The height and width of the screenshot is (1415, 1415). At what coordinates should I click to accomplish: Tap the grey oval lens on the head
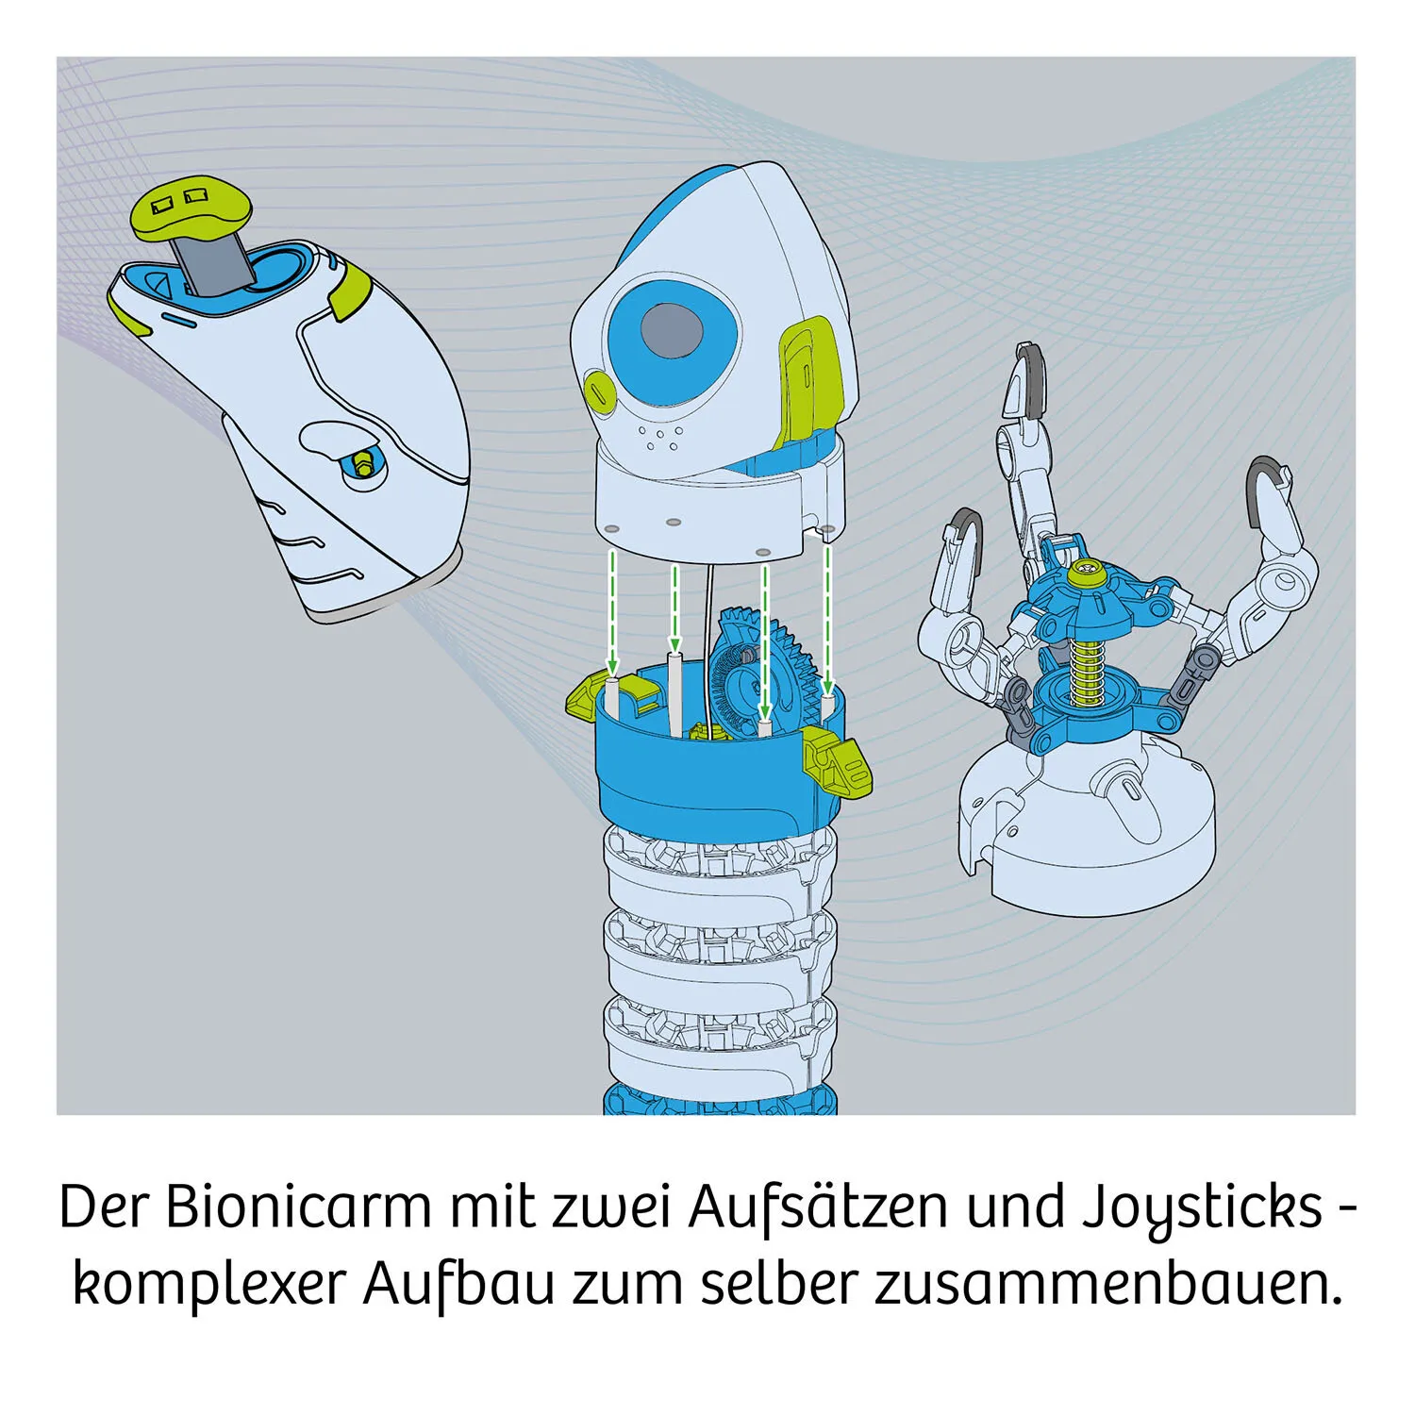[673, 332]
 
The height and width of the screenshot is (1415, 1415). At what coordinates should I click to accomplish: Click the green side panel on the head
[807, 377]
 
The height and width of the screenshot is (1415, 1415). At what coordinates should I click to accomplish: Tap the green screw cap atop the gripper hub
[1091, 571]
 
